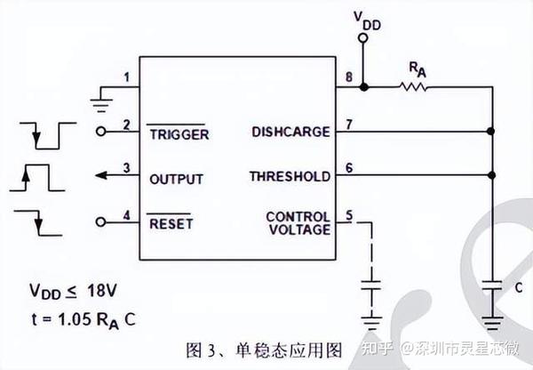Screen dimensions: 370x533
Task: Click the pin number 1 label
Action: click(x=126, y=78)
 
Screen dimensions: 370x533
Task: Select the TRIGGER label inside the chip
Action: click(x=178, y=134)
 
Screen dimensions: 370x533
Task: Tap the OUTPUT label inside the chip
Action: click(x=176, y=179)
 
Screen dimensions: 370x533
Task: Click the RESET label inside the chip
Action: click(x=171, y=223)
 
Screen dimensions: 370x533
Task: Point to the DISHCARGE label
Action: click(x=290, y=133)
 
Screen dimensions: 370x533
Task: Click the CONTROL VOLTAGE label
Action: click(x=298, y=222)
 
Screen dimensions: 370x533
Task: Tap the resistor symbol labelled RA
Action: click(x=414, y=87)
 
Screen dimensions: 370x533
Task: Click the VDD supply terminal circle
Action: click(x=362, y=38)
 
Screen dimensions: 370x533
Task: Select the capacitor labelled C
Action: click(x=490, y=287)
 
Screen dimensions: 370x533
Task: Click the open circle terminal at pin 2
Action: click(x=100, y=132)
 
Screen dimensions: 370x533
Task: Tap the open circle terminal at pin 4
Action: click(x=100, y=221)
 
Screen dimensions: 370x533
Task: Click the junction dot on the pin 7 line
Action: click(x=490, y=132)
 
